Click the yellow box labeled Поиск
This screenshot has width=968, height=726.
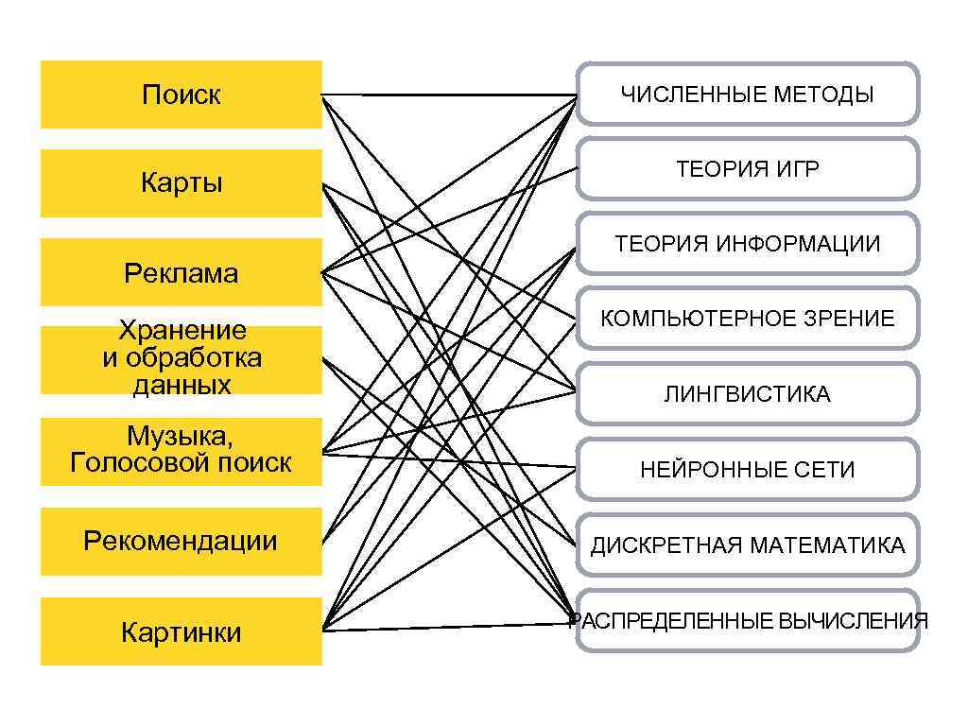(x=181, y=95)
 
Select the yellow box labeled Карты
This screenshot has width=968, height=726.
(x=181, y=182)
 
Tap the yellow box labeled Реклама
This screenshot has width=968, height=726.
(x=181, y=273)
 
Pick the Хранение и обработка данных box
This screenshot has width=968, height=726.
(x=181, y=358)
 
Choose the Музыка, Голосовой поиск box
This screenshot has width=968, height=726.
(x=181, y=450)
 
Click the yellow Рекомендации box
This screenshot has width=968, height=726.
(x=181, y=541)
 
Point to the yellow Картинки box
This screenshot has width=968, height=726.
(x=181, y=631)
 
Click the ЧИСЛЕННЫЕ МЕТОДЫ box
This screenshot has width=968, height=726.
(x=747, y=95)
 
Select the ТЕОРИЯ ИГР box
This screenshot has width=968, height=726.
(x=747, y=169)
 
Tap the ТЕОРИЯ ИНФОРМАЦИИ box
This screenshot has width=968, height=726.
(x=747, y=244)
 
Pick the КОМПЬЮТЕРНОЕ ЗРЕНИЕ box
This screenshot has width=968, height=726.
(x=747, y=319)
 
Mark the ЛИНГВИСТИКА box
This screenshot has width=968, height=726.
(x=747, y=394)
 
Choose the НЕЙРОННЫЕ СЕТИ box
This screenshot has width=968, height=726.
(x=747, y=469)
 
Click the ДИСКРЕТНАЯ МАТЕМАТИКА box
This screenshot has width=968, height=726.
(x=747, y=544)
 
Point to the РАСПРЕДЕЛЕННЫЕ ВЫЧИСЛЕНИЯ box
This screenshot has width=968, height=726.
(x=747, y=620)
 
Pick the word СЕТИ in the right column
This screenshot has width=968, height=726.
(x=828, y=470)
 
